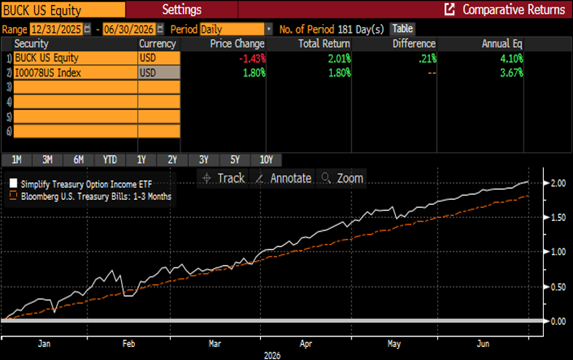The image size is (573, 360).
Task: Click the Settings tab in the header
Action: pyautogui.click(x=182, y=9)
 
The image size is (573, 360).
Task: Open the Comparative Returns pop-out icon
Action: pyautogui.click(x=450, y=9)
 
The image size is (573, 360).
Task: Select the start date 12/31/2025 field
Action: pyautogui.click(x=56, y=29)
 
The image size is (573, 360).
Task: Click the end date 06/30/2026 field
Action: pyautogui.click(x=129, y=29)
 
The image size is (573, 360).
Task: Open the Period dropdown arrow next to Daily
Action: pyautogui.click(x=269, y=29)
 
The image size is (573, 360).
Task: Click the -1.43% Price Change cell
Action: pyautogui.click(x=252, y=58)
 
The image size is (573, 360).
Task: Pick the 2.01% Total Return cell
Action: pyautogui.click(x=339, y=58)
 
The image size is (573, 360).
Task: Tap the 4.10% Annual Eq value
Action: pyautogui.click(x=512, y=58)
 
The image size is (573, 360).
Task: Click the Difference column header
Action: pyautogui.click(x=413, y=44)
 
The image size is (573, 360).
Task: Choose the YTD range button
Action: pyautogui.click(x=109, y=160)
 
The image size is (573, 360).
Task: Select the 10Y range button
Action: pyautogui.click(x=266, y=160)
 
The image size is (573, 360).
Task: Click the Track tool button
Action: pyautogui.click(x=223, y=179)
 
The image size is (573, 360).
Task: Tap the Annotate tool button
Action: pyautogui.click(x=282, y=179)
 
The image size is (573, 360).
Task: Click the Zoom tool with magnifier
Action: pyautogui.click(x=341, y=179)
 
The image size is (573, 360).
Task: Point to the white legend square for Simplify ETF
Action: pyautogui.click(x=13, y=183)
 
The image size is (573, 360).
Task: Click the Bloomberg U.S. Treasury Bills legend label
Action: pyautogui.click(x=96, y=197)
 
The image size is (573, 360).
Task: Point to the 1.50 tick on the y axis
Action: pyautogui.click(x=558, y=217)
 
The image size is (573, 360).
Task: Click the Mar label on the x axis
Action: pyautogui.click(x=215, y=344)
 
